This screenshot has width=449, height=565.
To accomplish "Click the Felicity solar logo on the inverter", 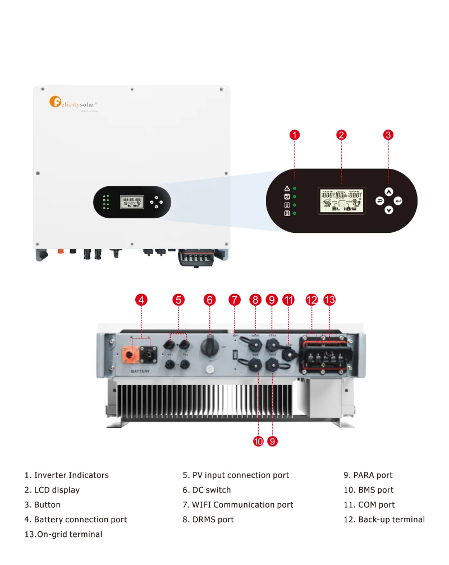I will (x=73, y=103).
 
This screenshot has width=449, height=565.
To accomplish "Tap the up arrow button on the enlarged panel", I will (x=389, y=191).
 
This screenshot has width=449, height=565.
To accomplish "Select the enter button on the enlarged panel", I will (x=398, y=200).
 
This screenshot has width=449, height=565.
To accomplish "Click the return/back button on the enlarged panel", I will (x=379, y=200).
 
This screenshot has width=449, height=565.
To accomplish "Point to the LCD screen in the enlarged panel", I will (x=341, y=200).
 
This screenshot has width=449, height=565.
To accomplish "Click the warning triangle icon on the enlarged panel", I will (x=287, y=189).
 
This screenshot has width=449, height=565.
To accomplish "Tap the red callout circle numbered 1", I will (x=295, y=135).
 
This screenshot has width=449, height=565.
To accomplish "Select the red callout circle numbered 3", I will (x=388, y=135).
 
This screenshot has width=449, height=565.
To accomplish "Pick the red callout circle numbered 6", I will (x=210, y=300).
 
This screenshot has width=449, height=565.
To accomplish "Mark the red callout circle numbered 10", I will (x=258, y=442).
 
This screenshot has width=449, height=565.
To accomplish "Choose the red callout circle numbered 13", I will (x=329, y=300).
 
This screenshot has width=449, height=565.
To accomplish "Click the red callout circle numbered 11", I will (x=288, y=300).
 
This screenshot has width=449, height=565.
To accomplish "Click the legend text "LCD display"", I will (x=57, y=490).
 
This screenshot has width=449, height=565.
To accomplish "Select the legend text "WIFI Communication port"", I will (x=242, y=505).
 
